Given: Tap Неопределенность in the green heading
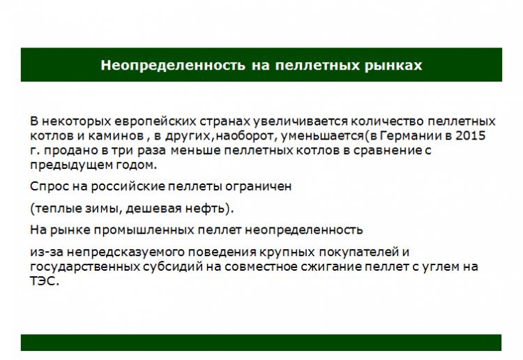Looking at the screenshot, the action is click(x=173, y=66).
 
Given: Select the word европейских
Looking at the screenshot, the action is click(x=156, y=121).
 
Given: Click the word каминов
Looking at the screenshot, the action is click(x=116, y=136).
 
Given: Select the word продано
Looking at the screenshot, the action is click(x=70, y=151).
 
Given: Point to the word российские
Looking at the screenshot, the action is click(x=128, y=186).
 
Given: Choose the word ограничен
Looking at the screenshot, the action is click(x=258, y=186).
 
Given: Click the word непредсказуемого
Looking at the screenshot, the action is click(x=126, y=252).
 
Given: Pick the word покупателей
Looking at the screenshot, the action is click(x=359, y=252).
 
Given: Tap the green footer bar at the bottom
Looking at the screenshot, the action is click(x=261, y=343).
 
